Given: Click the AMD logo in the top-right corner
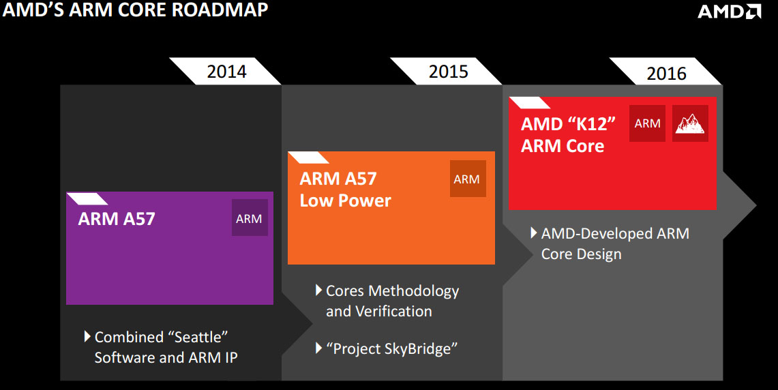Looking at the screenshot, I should tap(728, 12).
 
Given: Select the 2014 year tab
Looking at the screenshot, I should tap(226, 71).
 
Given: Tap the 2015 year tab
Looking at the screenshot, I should tap(448, 71).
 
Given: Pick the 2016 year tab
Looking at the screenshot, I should tap(666, 73).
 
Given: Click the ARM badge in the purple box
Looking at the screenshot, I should tap(249, 218).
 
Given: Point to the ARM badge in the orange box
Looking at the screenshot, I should tap(467, 179).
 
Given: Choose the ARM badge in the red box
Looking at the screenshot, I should tap(647, 123).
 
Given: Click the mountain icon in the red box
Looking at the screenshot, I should tap(690, 123).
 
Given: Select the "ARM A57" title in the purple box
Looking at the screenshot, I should tap(117, 219).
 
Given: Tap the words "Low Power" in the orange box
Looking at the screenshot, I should tap(346, 200).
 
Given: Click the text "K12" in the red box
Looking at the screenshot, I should tap(592, 124).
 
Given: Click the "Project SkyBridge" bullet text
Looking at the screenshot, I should tap(391, 348).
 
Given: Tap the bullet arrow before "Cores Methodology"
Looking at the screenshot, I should tap(318, 290).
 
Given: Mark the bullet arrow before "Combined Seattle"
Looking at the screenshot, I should tap(87, 337).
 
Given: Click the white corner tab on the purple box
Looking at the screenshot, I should tap(87, 199).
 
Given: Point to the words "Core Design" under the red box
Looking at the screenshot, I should tap(581, 254).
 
